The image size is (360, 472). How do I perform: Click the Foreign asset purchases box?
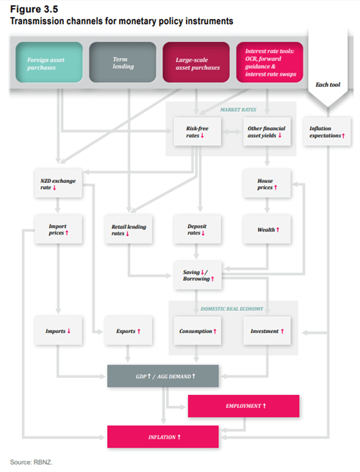click(x=49, y=62)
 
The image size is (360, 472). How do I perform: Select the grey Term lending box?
click(x=123, y=62)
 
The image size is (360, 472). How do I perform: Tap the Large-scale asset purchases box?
click(x=196, y=62)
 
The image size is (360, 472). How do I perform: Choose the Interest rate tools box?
click(x=270, y=62)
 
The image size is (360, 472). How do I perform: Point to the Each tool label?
click(x=328, y=85)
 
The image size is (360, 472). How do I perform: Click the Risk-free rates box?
click(x=198, y=132)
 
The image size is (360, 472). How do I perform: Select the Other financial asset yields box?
click(x=267, y=132)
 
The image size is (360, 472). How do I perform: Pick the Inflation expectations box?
click(x=327, y=132)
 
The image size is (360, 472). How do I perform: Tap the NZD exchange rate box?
click(x=58, y=183)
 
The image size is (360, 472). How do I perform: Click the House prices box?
click(x=267, y=183)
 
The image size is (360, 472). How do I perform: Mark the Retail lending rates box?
click(x=129, y=229)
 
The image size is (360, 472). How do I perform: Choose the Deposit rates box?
click(x=198, y=229)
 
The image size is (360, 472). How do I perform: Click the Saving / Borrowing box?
click(x=198, y=276)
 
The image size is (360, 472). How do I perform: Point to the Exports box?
click(x=129, y=331)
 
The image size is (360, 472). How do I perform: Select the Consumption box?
click(x=198, y=331)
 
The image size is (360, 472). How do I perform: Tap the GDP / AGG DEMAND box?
click(x=163, y=376)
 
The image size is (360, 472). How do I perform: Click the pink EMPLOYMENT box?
click(x=244, y=406)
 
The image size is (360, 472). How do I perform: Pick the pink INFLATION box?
click(x=163, y=437)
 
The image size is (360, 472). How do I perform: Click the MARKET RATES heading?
click(x=238, y=110)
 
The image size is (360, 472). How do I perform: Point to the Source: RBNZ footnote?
click(x=32, y=462)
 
